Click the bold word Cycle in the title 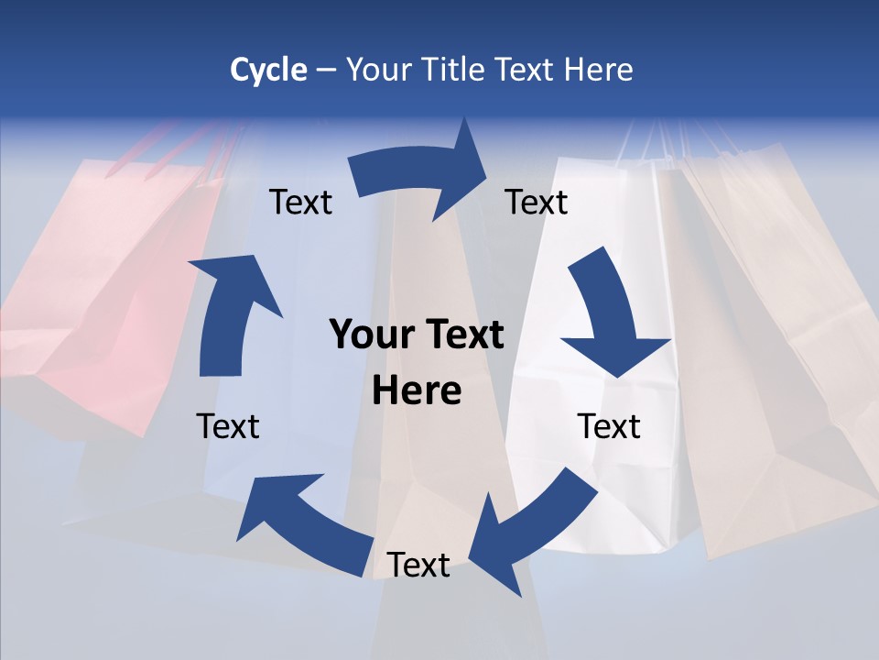268,70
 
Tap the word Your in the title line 377,70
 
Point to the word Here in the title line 596,70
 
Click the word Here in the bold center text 417,391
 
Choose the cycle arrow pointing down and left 531,532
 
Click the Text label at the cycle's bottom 418,565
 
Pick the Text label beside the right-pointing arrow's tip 537,202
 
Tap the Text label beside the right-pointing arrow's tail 300,202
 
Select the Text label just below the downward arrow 609,426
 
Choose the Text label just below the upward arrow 228,426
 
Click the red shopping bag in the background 101,275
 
